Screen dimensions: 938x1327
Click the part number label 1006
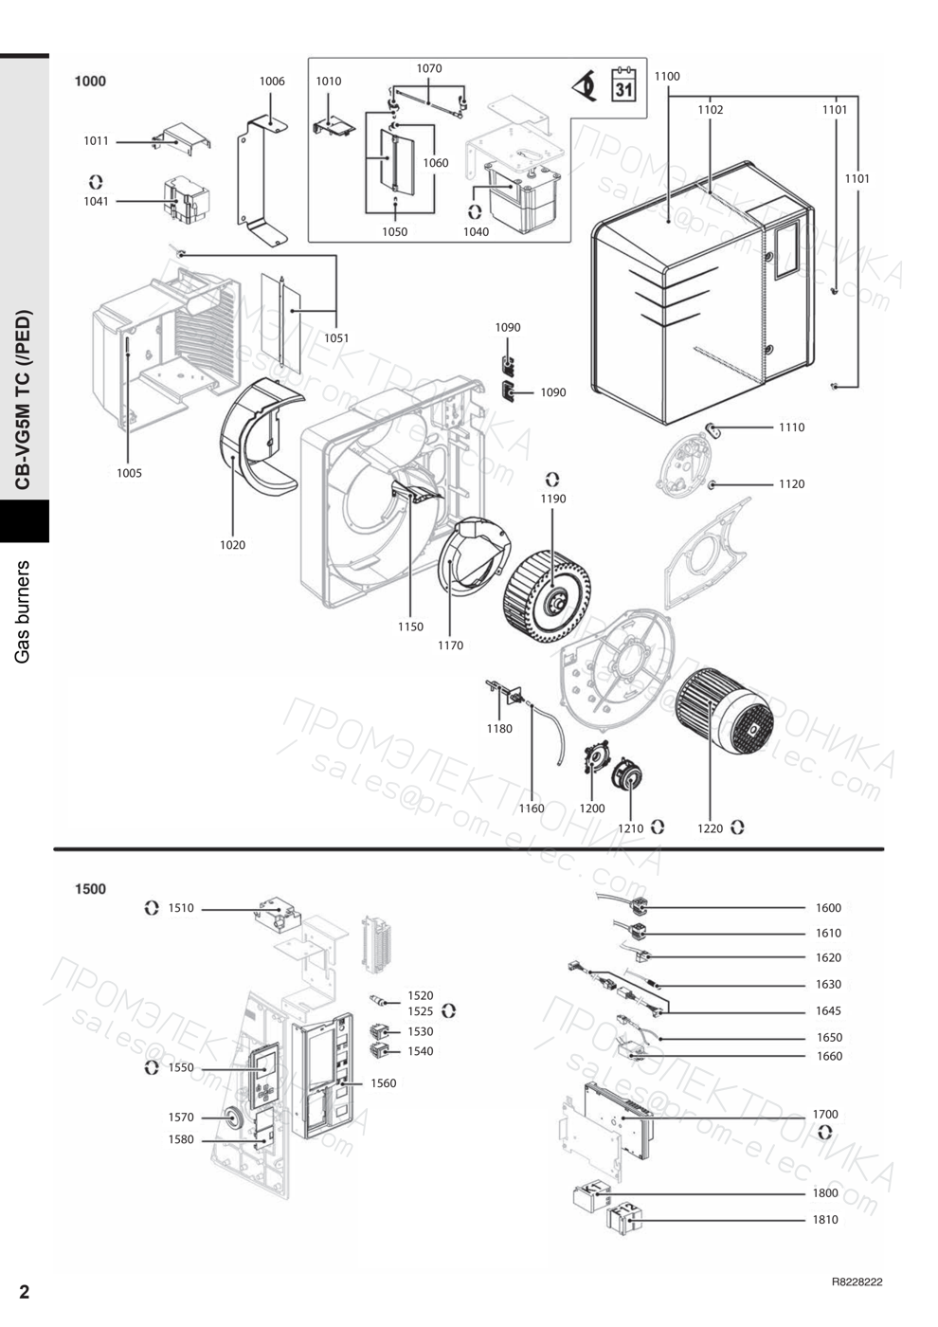pos(272,82)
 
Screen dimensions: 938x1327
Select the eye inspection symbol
pos(586,87)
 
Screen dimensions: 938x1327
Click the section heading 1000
pos(90,82)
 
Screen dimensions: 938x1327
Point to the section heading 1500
pos(90,889)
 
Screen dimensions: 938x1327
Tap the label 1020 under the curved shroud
pos(232,545)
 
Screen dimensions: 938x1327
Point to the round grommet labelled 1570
pos(230,1118)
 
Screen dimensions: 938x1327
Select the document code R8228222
pos(857,1282)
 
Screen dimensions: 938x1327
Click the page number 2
pos(24,1291)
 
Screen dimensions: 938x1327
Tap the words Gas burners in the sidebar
pos(22,611)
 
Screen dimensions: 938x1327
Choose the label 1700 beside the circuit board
pos(825,1115)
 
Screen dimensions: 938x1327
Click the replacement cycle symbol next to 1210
pos(658,827)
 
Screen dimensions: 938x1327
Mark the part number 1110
pos(792,427)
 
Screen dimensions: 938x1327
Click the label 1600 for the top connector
pos(828,908)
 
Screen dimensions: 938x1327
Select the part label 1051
pos(336,338)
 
